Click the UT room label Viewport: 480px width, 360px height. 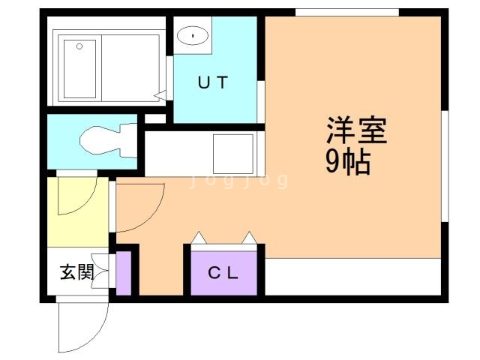[212, 83]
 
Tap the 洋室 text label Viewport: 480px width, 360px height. [356, 132]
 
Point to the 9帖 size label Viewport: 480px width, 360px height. [348, 162]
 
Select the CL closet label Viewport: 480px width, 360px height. [223, 273]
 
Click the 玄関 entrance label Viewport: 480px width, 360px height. [77, 271]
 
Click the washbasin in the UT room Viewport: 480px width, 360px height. [193, 34]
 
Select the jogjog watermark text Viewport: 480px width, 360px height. [238, 180]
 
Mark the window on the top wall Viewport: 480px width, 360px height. [346, 12]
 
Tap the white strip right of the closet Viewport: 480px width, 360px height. [352, 277]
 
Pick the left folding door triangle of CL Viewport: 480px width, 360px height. [199, 238]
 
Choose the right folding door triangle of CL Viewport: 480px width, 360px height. [247, 238]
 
